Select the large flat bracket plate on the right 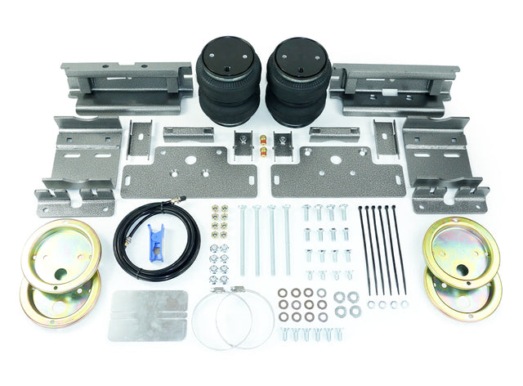337,171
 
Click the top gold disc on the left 61,254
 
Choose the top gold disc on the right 462,252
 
